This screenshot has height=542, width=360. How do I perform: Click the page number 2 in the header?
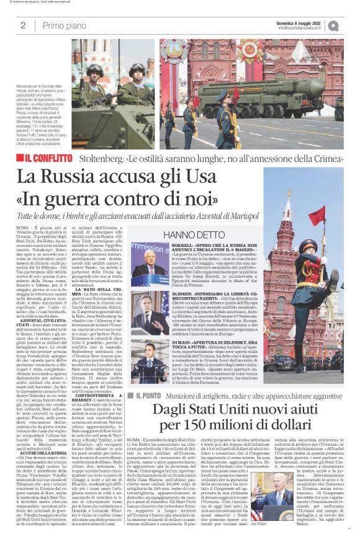point(23,25)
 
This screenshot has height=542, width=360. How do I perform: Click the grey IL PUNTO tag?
point(145,395)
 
